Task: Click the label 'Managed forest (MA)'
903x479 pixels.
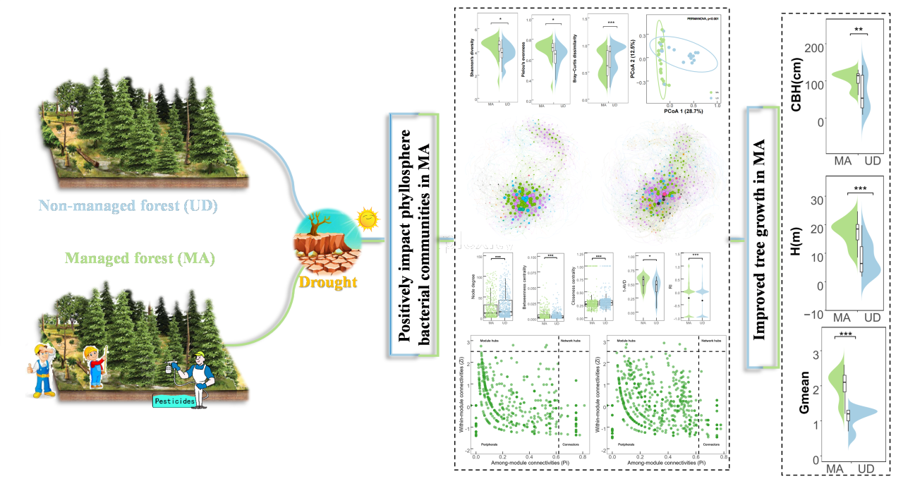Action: tap(140, 258)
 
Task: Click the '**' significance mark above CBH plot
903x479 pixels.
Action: tap(859, 30)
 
